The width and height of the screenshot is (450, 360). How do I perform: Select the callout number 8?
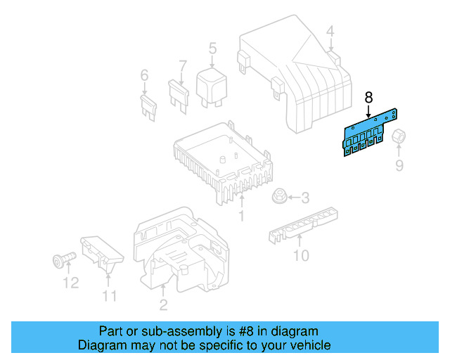click(368, 98)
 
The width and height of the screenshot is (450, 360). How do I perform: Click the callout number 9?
click(399, 166)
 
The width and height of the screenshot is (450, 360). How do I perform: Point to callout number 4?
click(330, 31)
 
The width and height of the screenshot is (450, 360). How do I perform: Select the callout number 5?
click(212, 49)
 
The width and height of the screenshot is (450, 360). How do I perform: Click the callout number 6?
click(145, 75)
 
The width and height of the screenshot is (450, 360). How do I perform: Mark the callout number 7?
click(183, 67)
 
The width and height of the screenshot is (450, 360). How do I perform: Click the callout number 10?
click(300, 256)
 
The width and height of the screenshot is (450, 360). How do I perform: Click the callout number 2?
click(162, 305)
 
